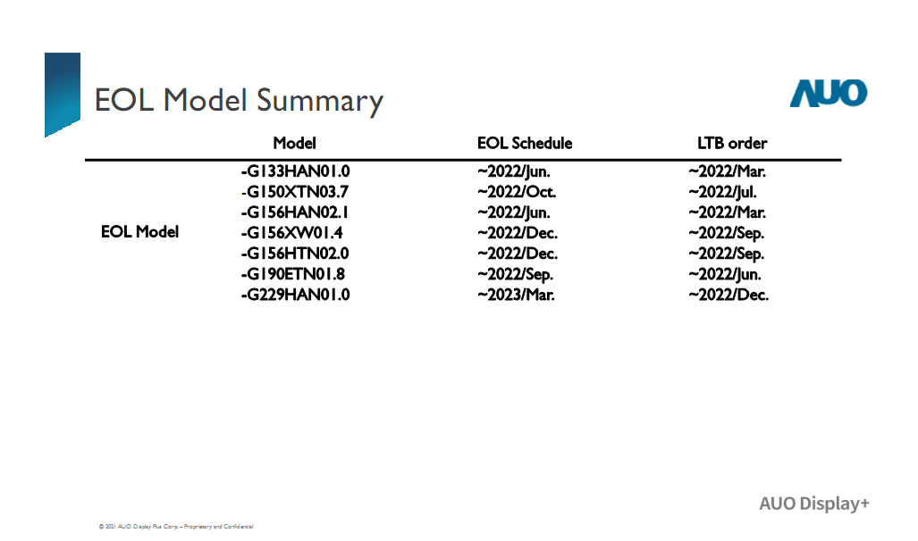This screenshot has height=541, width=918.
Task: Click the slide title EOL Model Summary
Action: click(x=239, y=101)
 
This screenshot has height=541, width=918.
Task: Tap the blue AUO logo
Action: click(x=829, y=94)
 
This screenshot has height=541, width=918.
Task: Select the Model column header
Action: click(x=294, y=144)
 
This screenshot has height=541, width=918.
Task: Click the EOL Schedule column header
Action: click(x=525, y=144)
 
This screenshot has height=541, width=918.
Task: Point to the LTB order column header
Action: click(x=732, y=144)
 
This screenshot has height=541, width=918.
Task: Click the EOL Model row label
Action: click(x=140, y=232)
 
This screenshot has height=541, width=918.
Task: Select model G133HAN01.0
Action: click(x=296, y=171)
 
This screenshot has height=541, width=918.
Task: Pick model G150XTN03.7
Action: click(x=296, y=192)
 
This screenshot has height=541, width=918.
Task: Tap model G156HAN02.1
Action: click(x=294, y=212)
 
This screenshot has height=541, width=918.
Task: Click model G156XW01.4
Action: click(x=291, y=233)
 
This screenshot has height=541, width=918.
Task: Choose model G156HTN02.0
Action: click(x=295, y=254)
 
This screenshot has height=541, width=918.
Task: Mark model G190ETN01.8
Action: click(x=292, y=274)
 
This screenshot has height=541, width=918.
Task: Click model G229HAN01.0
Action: click(x=296, y=295)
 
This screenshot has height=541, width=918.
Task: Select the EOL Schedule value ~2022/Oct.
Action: click(x=517, y=192)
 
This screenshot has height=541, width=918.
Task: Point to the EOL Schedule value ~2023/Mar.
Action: click(x=516, y=295)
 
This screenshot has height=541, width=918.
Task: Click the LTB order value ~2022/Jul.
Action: click(x=722, y=192)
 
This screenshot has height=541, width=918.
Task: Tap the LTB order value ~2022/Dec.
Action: click(x=729, y=295)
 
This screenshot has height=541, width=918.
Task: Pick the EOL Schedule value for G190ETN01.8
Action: click(x=515, y=274)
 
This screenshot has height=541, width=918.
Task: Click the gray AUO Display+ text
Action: click(x=814, y=504)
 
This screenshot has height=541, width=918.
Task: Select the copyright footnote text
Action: click(x=176, y=527)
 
